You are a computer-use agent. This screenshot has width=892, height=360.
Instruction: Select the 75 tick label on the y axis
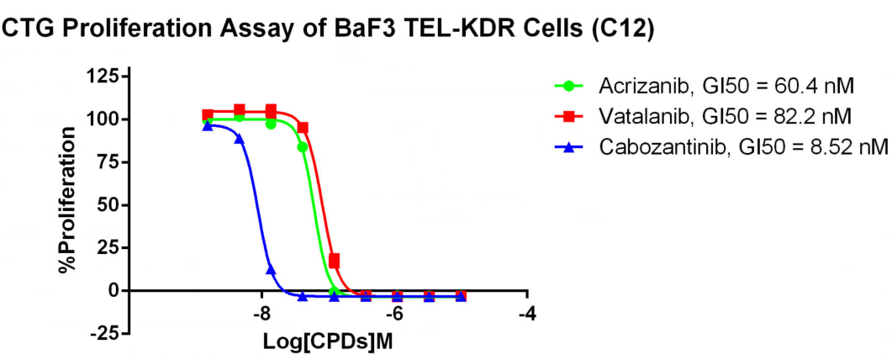point(107,162)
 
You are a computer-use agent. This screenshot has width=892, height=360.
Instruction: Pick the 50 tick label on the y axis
point(107,205)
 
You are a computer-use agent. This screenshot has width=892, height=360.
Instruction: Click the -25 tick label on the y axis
point(103,333)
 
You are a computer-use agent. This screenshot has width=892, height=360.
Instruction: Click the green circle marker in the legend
point(570,86)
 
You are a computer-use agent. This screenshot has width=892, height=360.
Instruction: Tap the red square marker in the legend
point(570,116)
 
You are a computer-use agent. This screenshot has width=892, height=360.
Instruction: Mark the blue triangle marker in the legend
point(570,146)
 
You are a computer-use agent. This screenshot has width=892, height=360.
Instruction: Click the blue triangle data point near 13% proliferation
point(271,268)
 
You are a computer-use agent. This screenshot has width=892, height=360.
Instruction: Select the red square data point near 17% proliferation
point(334,261)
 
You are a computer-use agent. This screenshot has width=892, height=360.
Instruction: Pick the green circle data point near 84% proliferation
point(303,146)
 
